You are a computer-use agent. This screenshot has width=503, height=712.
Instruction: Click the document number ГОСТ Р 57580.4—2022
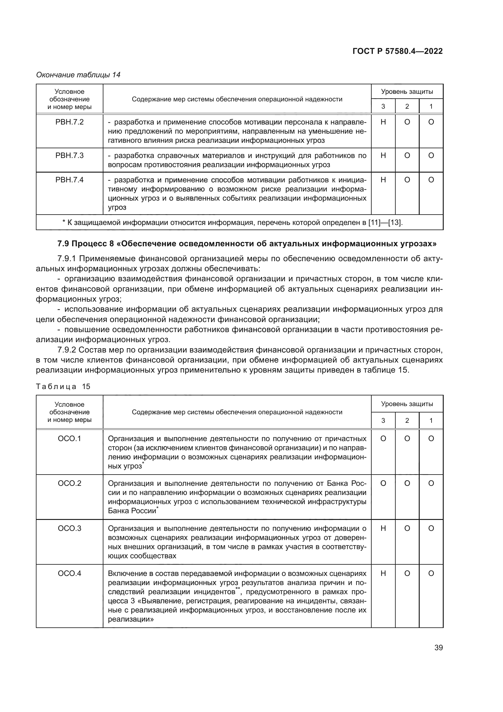[x=397, y=51]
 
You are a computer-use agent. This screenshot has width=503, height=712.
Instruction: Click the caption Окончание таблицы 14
[x=78, y=75]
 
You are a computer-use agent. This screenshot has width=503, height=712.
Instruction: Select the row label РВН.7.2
[x=69, y=122]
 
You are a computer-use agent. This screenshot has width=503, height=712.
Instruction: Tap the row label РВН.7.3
[x=69, y=155]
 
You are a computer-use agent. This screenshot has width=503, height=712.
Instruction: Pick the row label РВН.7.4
[x=69, y=180]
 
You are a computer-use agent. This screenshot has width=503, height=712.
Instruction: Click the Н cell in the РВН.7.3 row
[x=383, y=155]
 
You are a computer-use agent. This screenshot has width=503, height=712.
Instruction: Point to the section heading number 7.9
[x=64, y=244]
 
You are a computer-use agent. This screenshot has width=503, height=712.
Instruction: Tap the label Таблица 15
[x=63, y=386]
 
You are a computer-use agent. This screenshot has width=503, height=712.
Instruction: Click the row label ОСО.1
[x=69, y=438]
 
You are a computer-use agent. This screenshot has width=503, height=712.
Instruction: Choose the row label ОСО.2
[x=69, y=483]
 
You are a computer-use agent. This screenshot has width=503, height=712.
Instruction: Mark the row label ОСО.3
[x=69, y=528]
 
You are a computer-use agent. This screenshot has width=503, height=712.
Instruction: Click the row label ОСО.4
[x=69, y=573]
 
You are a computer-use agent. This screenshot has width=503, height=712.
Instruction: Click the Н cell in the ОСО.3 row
[x=383, y=528]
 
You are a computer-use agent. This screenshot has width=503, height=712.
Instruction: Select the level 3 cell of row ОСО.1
[x=383, y=438]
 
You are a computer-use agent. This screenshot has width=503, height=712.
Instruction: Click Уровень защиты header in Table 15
[x=407, y=404]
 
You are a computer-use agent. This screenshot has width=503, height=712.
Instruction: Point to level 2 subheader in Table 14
[x=407, y=106]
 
